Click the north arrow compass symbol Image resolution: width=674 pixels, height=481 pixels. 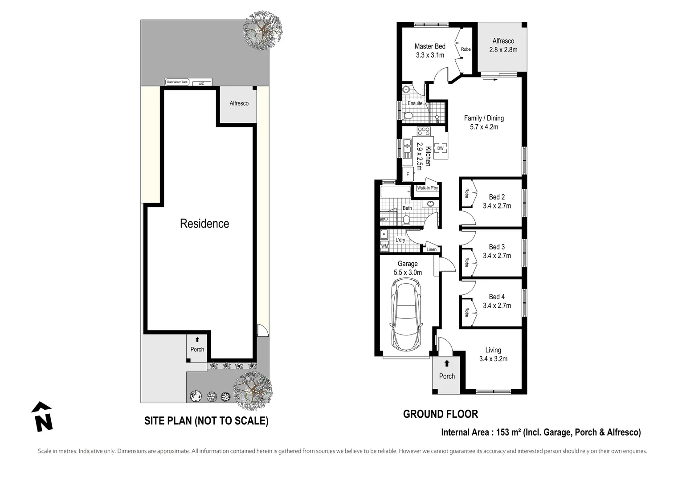(x=42, y=416)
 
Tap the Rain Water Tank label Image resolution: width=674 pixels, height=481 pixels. (x=177, y=82)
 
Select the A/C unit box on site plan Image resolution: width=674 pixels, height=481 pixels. (x=202, y=84)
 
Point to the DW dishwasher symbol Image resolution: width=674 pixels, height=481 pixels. (x=440, y=148)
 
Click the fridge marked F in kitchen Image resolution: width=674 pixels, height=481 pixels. (x=408, y=174)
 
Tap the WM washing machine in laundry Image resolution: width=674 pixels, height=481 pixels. (x=384, y=246)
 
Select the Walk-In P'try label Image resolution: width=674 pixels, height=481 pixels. (x=427, y=188)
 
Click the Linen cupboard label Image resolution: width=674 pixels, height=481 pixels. (x=432, y=249)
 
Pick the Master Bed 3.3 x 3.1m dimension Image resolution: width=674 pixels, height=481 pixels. (x=430, y=55)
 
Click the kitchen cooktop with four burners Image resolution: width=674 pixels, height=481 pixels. (x=424, y=131)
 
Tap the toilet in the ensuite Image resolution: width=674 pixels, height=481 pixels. (x=407, y=115)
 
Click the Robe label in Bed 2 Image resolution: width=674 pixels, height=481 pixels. (x=467, y=193)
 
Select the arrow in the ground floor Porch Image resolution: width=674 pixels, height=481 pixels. (x=447, y=363)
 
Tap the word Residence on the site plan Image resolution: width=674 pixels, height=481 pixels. (x=204, y=224)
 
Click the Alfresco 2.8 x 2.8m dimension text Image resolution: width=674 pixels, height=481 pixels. (x=503, y=50)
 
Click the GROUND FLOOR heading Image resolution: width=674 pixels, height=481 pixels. (x=441, y=414)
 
